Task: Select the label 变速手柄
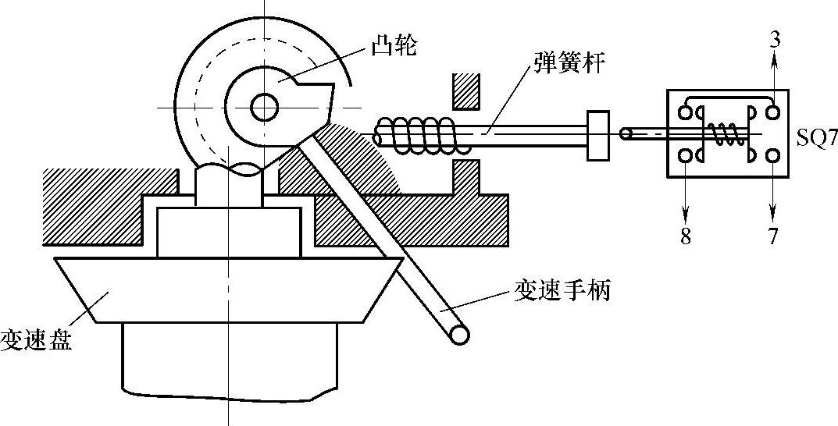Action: click(x=562, y=291)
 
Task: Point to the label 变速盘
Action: click(x=36, y=340)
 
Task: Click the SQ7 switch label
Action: click(x=817, y=140)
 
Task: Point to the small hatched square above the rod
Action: click(x=465, y=91)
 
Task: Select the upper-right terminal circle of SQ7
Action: click(x=773, y=112)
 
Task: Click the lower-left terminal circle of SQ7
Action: click(x=685, y=156)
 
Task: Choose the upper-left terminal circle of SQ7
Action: click(x=685, y=112)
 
